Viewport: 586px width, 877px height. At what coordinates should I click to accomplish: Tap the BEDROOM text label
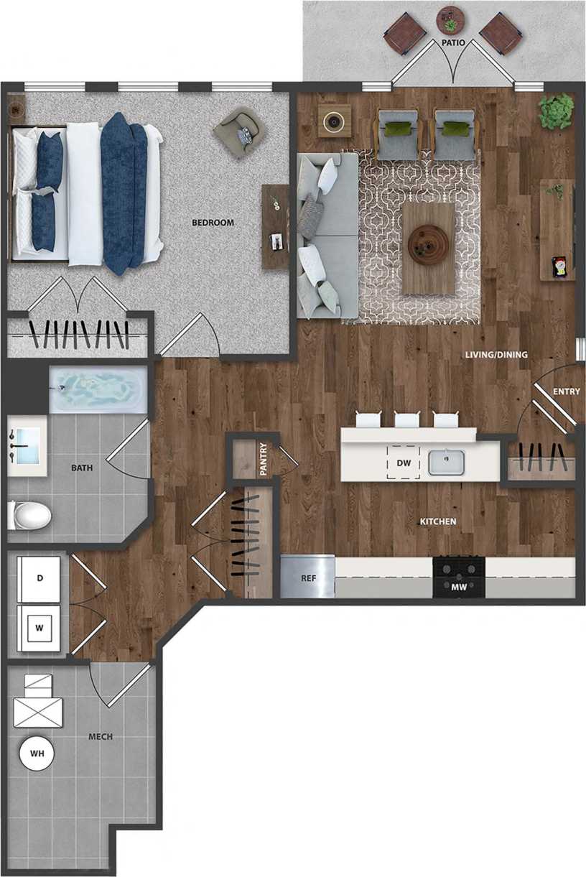click(213, 223)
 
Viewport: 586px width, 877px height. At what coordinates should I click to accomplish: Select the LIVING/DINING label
click(496, 355)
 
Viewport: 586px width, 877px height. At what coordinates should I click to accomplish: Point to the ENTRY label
click(567, 391)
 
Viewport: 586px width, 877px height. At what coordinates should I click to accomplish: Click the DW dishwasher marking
click(404, 463)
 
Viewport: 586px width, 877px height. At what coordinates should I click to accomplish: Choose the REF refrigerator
click(307, 577)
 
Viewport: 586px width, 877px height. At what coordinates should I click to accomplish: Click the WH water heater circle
click(37, 753)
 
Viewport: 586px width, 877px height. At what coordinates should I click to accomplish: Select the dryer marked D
click(40, 577)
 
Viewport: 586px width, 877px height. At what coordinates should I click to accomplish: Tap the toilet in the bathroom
click(30, 515)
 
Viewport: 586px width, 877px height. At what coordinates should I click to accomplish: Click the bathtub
click(98, 391)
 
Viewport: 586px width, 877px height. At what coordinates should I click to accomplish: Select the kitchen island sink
click(447, 463)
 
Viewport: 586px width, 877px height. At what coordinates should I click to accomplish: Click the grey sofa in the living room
click(327, 236)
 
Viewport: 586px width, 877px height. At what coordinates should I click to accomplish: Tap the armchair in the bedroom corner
click(238, 129)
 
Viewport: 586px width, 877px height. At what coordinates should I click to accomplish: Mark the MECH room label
click(100, 737)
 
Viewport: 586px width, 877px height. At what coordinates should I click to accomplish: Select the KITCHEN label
click(438, 521)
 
